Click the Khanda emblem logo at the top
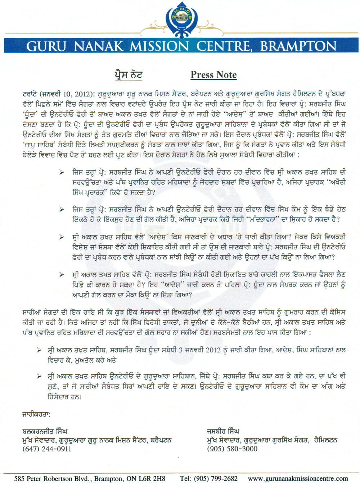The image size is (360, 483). tap(182, 19)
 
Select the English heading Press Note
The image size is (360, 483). tap(213, 75)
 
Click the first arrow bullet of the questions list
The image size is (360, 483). tap(62, 173)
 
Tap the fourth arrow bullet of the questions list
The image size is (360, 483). tap(62, 275)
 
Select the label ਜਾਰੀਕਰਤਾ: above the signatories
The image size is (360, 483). tap(36, 415)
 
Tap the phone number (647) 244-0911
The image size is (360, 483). tap(47, 449)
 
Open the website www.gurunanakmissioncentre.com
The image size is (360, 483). tap(298, 478)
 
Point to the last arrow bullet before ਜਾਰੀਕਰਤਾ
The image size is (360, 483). tap(39, 376)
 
